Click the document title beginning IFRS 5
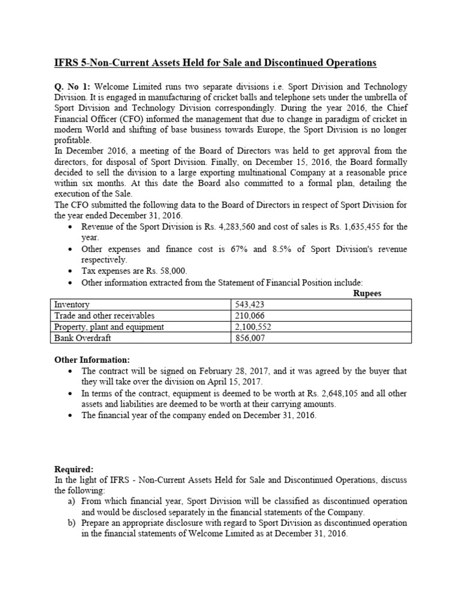212,63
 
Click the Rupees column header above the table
369,294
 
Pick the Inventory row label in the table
72,305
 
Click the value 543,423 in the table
250,305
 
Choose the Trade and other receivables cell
105,316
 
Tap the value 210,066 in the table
250,316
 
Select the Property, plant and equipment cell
109,327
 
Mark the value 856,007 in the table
250,338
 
